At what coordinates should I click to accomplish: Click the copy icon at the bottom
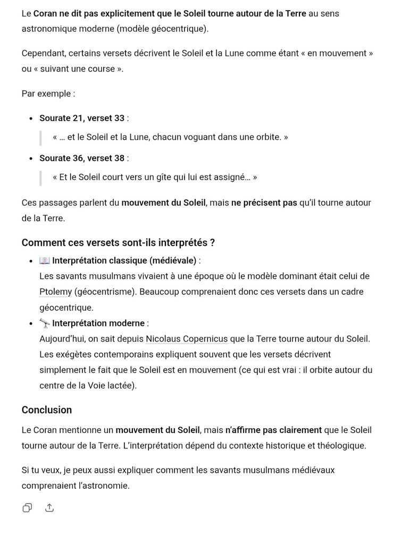(x=27, y=508)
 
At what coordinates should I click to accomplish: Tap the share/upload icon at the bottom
(x=49, y=508)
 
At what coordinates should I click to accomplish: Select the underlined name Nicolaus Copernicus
(x=187, y=338)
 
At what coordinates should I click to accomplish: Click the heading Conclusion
(x=47, y=410)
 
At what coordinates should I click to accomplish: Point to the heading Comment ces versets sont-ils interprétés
(x=118, y=243)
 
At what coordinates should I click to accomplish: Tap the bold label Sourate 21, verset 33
(x=82, y=118)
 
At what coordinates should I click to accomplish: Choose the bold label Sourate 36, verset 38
(x=82, y=158)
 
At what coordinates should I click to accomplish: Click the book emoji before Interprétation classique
(x=44, y=261)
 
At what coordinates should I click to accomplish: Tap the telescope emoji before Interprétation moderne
(x=44, y=323)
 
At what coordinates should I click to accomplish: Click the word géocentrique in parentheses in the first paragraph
(x=179, y=29)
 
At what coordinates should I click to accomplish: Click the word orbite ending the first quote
(x=268, y=137)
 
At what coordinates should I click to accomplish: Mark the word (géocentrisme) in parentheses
(x=105, y=292)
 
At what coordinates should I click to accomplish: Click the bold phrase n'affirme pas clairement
(x=273, y=430)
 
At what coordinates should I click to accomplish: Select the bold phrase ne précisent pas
(x=264, y=202)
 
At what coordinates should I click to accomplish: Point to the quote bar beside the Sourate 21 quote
(x=40, y=137)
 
